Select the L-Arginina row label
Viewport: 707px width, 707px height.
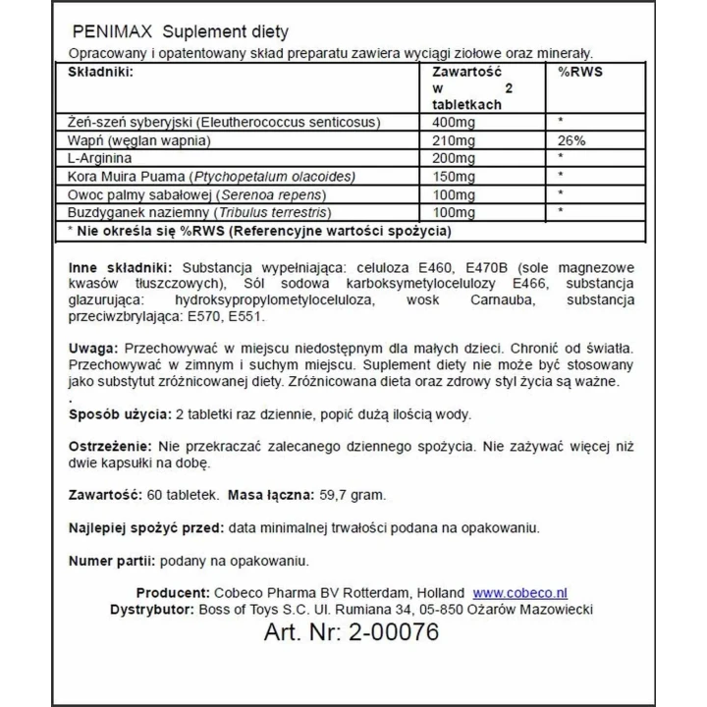point(100,157)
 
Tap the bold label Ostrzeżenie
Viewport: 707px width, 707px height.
point(109,446)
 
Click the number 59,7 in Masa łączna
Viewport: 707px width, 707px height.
point(333,494)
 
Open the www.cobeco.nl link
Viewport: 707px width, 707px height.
point(520,592)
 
